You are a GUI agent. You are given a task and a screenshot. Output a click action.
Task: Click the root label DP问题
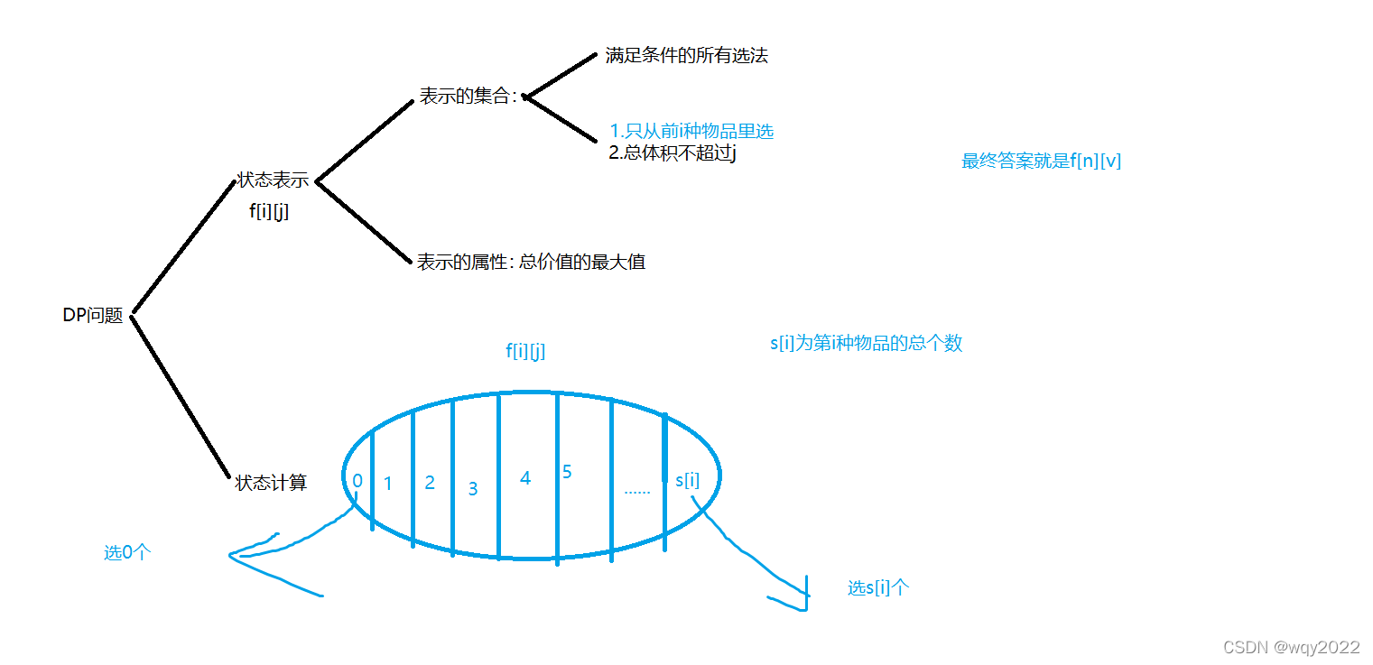point(92,316)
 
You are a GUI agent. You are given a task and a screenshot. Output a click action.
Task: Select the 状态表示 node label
point(273,180)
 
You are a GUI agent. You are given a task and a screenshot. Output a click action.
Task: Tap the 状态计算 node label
point(271,484)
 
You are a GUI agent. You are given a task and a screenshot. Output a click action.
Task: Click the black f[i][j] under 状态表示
point(269,212)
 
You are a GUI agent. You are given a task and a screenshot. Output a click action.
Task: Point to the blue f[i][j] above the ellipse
point(525,352)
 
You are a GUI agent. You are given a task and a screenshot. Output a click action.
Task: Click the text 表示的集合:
point(468,97)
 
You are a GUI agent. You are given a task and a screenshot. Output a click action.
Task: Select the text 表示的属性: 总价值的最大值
point(531,263)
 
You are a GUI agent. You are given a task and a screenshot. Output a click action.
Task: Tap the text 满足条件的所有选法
point(687,56)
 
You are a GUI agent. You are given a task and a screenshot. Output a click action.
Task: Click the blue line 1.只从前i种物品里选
point(691,131)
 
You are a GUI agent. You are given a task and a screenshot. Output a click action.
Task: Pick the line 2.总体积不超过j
point(673,152)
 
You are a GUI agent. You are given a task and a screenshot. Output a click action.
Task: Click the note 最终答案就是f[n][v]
point(1042,162)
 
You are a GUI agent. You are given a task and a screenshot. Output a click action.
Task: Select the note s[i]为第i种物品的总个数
point(867,344)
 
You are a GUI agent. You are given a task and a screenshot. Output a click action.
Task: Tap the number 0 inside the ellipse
point(357,481)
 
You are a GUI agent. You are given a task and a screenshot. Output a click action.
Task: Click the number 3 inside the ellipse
point(473,489)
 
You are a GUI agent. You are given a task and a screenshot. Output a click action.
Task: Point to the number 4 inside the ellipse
point(525,478)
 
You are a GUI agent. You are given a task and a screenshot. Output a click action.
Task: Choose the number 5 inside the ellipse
point(567,471)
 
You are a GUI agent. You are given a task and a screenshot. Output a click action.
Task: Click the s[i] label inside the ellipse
point(687,480)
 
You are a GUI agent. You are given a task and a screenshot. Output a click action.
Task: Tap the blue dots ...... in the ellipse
point(637,491)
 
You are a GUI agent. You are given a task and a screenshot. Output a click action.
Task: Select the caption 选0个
point(127,553)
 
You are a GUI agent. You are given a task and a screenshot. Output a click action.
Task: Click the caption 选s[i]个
point(878,588)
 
